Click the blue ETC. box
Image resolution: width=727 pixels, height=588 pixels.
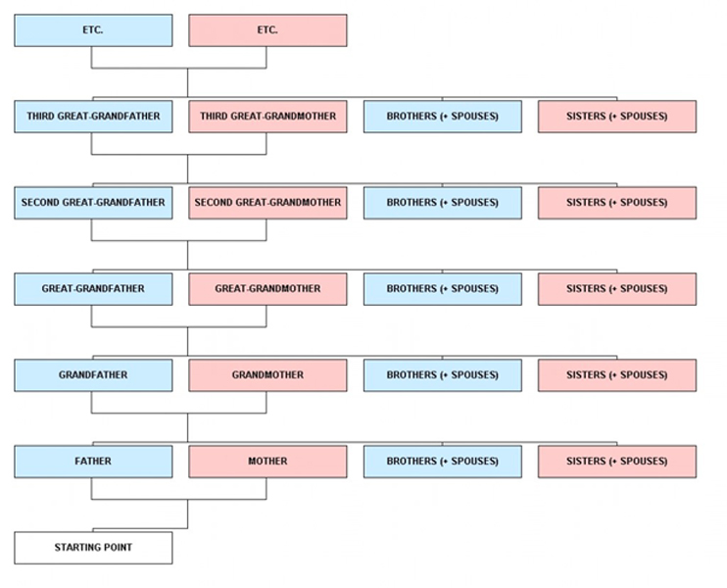pyautogui.click(x=93, y=30)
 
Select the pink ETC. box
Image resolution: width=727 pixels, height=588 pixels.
pyautogui.click(x=267, y=30)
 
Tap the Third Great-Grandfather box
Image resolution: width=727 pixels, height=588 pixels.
pyautogui.click(x=93, y=117)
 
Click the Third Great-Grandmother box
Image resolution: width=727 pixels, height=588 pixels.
pyautogui.click(x=267, y=117)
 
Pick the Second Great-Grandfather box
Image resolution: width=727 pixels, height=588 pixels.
pyautogui.click(x=93, y=203)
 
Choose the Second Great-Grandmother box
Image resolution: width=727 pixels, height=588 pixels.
pyautogui.click(x=267, y=203)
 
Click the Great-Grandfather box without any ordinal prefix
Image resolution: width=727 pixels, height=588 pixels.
pyautogui.click(x=93, y=289)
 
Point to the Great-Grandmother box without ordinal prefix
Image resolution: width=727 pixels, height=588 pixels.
pyautogui.click(x=267, y=289)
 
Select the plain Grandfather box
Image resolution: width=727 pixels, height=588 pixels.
pyautogui.click(x=93, y=375)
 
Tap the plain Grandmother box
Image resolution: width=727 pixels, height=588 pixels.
pyautogui.click(x=267, y=375)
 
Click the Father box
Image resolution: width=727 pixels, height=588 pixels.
pyautogui.click(x=93, y=462)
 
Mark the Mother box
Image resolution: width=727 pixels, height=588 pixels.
pyautogui.click(x=267, y=462)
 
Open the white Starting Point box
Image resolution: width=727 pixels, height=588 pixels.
pyautogui.click(x=93, y=548)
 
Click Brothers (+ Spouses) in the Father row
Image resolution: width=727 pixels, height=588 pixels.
pyautogui.click(x=442, y=462)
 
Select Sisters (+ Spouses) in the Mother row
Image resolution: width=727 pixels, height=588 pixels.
pyautogui.click(x=617, y=462)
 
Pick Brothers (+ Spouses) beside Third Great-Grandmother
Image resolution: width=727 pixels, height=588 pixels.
pyautogui.click(x=442, y=117)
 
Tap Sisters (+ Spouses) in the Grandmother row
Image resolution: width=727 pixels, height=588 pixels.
pyautogui.click(x=617, y=375)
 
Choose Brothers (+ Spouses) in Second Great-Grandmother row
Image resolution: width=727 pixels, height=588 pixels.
pyautogui.click(x=442, y=203)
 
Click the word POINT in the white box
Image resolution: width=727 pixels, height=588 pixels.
pyautogui.click(x=118, y=548)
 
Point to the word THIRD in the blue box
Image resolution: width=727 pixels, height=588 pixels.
pyautogui.click(x=40, y=117)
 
